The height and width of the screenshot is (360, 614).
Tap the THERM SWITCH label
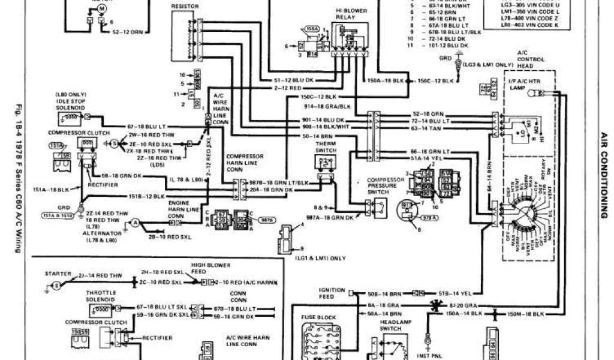coord(324,148)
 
